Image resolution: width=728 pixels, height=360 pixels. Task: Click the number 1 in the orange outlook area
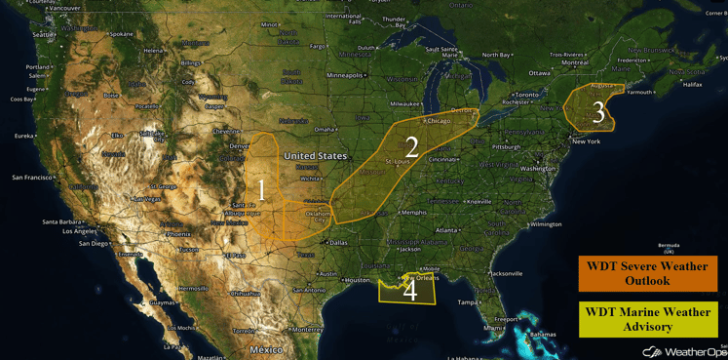pos(261,190)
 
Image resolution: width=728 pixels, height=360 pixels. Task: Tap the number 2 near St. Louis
pos(411,147)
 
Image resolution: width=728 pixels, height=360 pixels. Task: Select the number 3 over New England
pos(598,113)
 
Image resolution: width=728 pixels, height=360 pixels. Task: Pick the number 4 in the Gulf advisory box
pos(410,290)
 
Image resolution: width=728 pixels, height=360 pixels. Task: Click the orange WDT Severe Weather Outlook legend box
pos(647,274)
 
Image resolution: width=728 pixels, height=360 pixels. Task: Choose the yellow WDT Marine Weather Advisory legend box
pos(647,319)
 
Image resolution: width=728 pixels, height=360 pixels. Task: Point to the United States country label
pos(315,156)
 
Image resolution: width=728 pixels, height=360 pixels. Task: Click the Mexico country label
pos(265,349)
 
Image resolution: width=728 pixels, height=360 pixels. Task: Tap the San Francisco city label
pos(32,178)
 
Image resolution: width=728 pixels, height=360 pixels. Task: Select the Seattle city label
pos(44,35)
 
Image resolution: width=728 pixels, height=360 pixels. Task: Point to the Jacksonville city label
pos(507,273)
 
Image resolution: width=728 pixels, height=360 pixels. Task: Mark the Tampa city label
pos(469,302)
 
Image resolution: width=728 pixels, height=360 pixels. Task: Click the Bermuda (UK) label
pos(668,248)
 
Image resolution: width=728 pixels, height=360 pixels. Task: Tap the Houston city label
pos(357,280)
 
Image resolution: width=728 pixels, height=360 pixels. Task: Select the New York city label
pos(586,141)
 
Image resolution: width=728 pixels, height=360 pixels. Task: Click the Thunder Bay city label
pos(394,21)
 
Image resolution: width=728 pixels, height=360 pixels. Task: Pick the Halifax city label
pos(692,85)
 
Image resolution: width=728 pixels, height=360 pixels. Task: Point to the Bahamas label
pos(544,335)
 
